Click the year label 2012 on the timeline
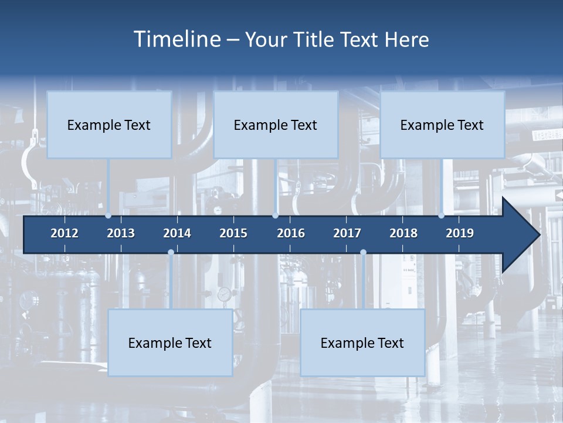65,233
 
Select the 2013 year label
121,233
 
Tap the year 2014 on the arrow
177,233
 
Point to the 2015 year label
233,233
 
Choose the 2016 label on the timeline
291,233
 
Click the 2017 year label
347,233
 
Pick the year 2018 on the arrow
403,233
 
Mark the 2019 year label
460,233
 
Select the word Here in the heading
406,40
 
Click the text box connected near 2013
109,125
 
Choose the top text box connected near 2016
276,125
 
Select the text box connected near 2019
442,125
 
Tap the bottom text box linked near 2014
170,343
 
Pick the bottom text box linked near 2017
362,343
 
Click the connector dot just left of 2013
108,216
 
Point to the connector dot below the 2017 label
363,253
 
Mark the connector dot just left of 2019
441,216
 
